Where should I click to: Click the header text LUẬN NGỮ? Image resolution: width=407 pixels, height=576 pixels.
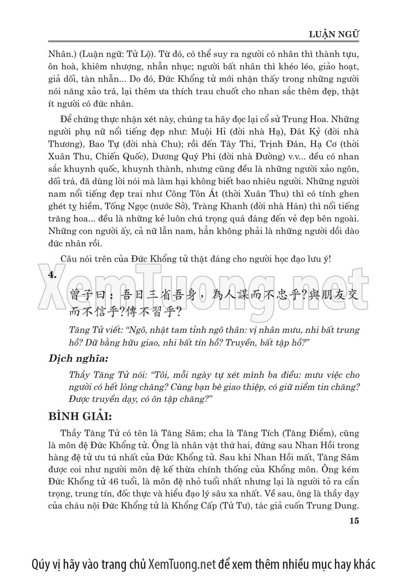pyautogui.click(x=333, y=34)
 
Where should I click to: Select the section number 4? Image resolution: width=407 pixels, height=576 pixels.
pyautogui.click(x=53, y=275)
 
